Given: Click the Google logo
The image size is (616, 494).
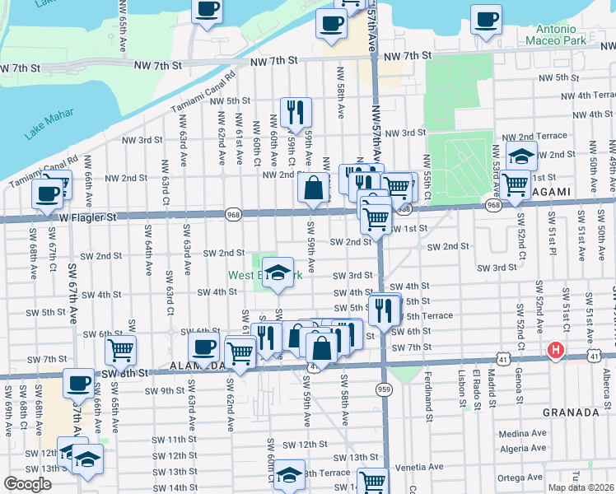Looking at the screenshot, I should pyautogui.click(x=27, y=484).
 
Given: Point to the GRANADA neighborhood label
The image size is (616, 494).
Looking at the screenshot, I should pyautogui.click(x=569, y=412).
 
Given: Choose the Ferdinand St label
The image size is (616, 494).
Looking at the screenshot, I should pyautogui.click(x=428, y=391).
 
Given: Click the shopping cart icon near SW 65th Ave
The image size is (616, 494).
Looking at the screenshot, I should pyautogui.click(x=120, y=350).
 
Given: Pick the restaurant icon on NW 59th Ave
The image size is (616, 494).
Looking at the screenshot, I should pyautogui.click(x=295, y=111).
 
